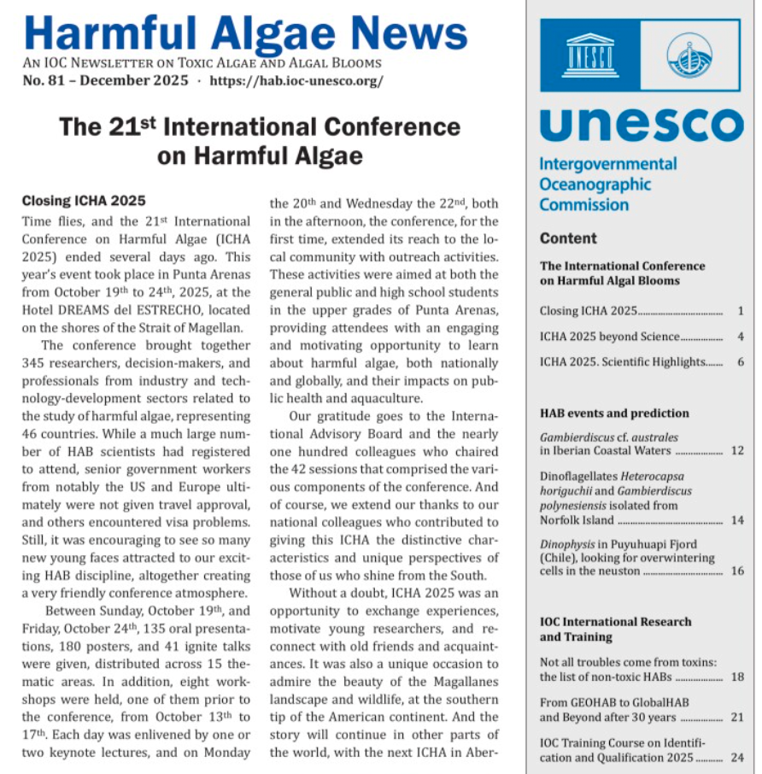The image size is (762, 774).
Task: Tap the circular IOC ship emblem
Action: tap(689, 56)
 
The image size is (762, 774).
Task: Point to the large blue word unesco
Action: tap(642, 124)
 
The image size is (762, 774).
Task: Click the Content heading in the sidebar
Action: tap(568, 238)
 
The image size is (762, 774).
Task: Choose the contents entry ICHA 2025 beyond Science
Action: tap(609, 337)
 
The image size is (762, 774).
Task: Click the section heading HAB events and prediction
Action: tap(614, 413)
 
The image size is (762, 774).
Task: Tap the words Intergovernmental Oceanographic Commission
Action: tap(607, 185)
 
